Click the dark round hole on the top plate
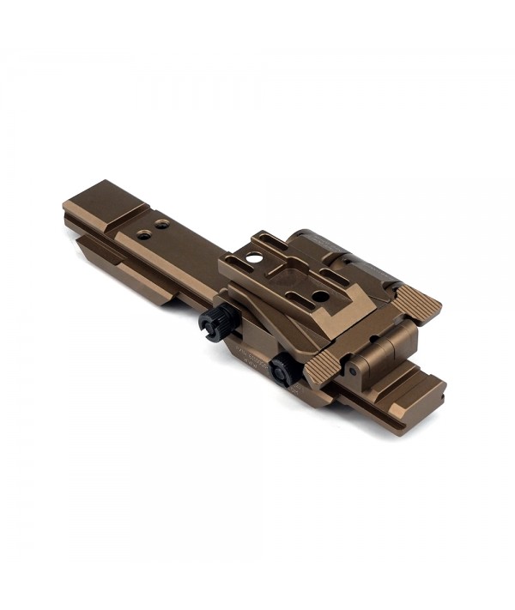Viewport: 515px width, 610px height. pyautogui.click(x=319, y=296)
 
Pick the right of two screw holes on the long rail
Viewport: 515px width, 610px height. pyautogui.click(x=161, y=224)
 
